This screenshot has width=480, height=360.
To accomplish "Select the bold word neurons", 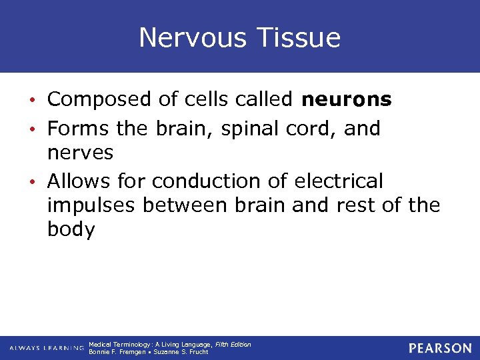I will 347,99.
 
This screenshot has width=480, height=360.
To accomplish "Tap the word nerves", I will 80,153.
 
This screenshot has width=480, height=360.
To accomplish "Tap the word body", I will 71,230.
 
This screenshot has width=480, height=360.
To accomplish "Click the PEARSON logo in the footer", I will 440,348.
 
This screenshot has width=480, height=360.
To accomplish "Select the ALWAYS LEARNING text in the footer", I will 47,348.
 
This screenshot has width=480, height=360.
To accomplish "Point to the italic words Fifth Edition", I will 233,344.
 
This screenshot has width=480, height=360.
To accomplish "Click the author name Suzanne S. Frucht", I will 181,352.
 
